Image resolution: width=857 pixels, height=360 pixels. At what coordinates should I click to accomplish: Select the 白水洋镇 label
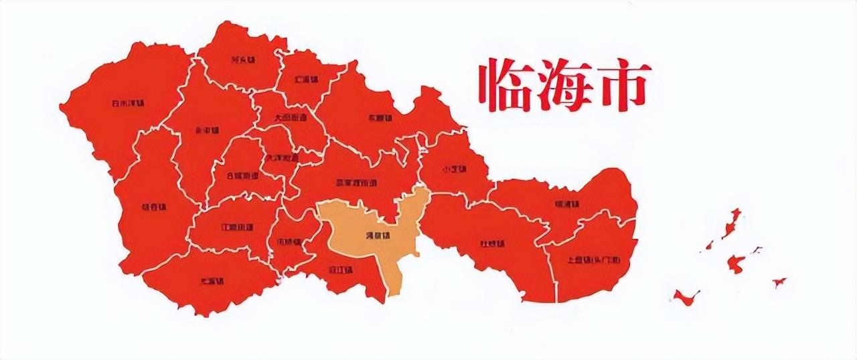coord(128,104)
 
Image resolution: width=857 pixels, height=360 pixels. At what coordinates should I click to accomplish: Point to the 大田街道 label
coord(291,116)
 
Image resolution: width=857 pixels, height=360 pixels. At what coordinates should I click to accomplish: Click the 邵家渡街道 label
coord(356,182)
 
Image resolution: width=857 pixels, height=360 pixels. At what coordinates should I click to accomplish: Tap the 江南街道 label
coord(237,228)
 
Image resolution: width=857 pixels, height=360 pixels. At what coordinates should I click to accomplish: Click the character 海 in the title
coord(564,85)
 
